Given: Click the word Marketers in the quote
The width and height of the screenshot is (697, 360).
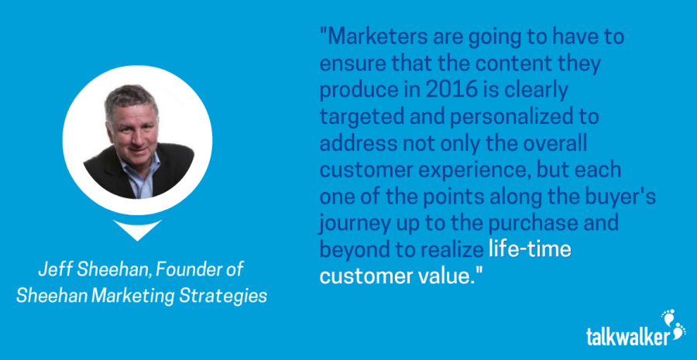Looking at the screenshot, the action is [x=372, y=37].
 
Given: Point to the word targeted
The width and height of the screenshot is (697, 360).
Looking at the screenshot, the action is [x=359, y=118].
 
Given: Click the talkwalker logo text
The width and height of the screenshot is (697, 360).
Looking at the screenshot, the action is [x=627, y=337].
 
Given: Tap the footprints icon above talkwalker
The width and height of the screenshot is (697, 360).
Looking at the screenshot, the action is [x=674, y=324].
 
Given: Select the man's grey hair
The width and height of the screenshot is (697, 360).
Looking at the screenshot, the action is [x=131, y=98].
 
